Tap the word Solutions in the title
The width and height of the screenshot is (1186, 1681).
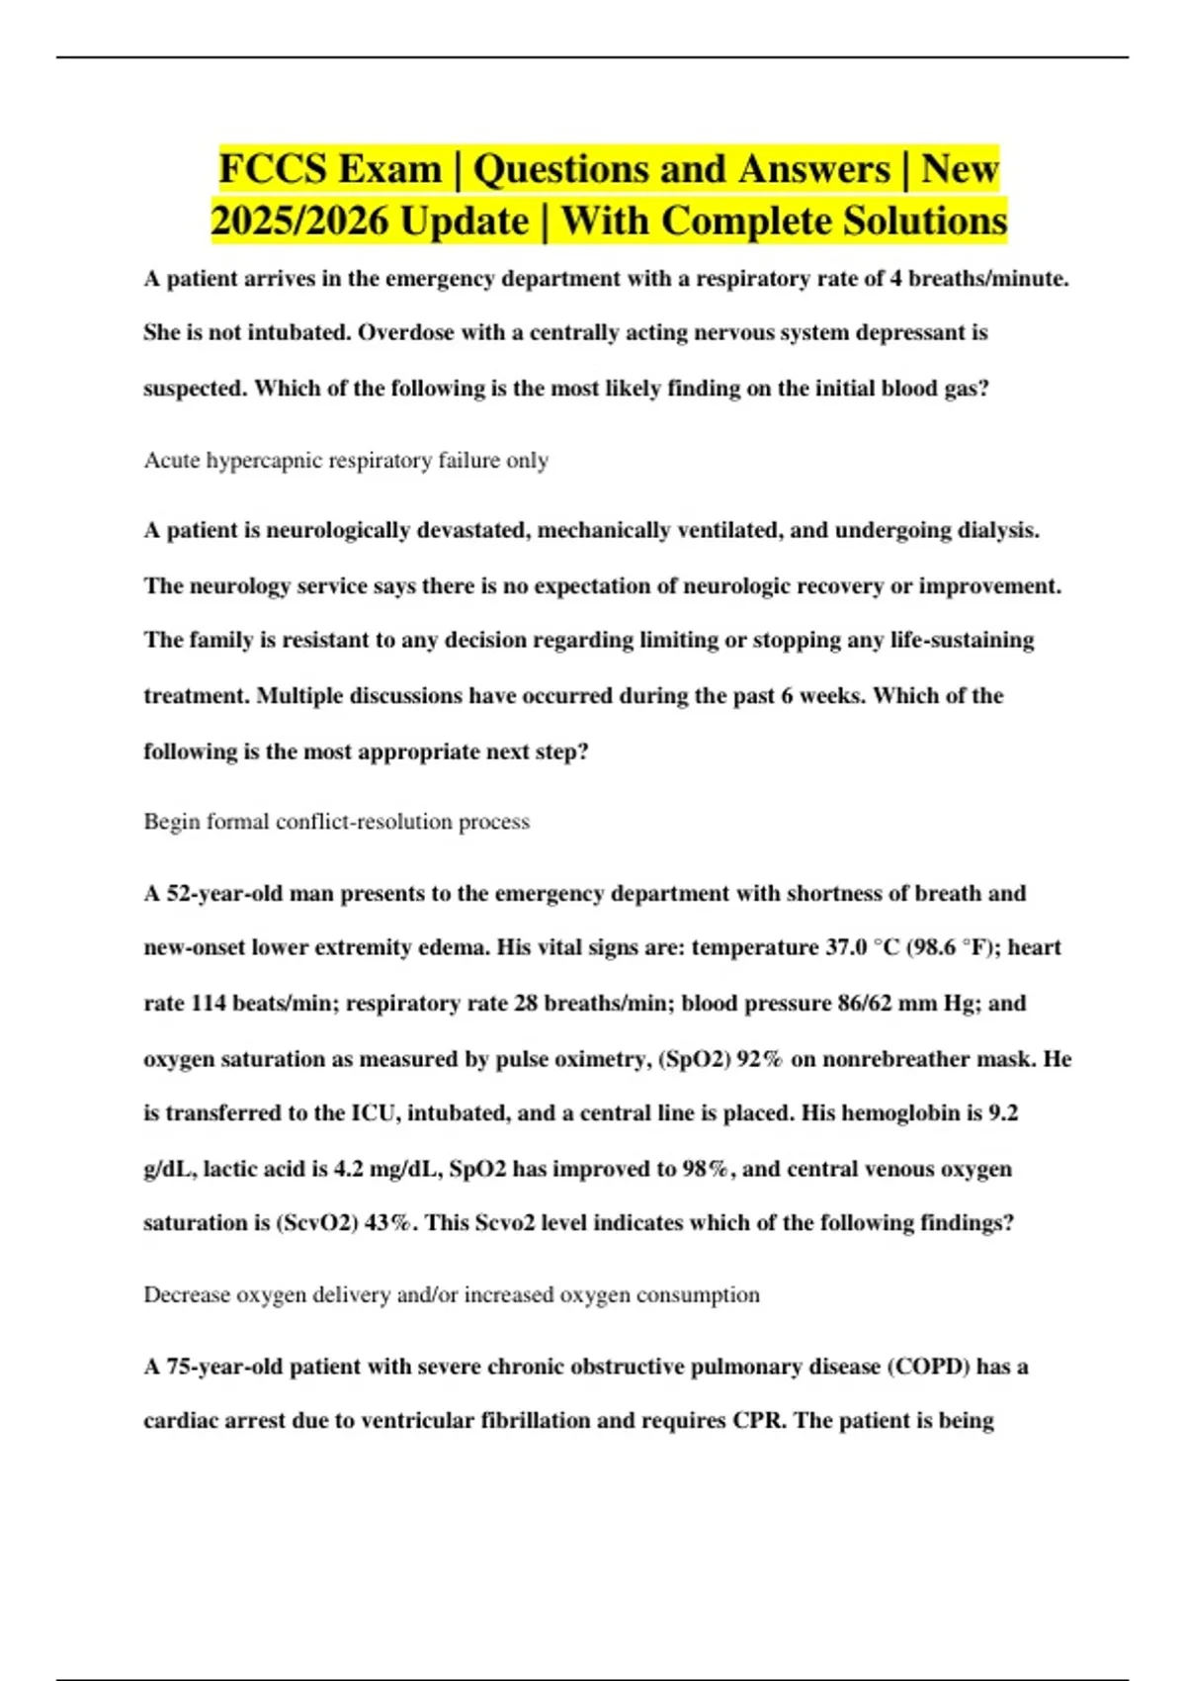click(x=924, y=221)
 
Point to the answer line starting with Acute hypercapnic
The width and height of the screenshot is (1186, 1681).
click(x=346, y=461)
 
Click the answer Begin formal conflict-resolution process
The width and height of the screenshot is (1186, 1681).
click(x=336, y=822)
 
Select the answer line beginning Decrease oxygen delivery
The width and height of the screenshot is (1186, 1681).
click(x=451, y=1295)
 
